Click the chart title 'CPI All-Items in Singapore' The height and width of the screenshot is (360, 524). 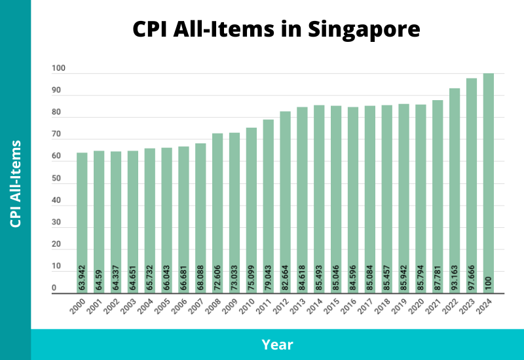[x=276, y=29]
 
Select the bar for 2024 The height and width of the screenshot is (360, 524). [x=489, y=183]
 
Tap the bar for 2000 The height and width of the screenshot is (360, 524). [x=82, y=223]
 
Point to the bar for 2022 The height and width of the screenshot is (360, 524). [x=455, y=190]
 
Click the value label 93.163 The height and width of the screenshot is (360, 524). [x=455, y=278]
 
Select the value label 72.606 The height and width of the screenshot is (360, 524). [x=217, y=278]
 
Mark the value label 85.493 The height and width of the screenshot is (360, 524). [x=319, y=278]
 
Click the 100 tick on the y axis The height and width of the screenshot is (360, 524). [x=58, y=69]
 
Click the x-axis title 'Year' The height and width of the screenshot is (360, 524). [x=277, y=344]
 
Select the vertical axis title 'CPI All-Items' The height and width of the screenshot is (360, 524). [x=16, y=183]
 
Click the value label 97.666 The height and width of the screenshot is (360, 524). [x=472, y=278]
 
